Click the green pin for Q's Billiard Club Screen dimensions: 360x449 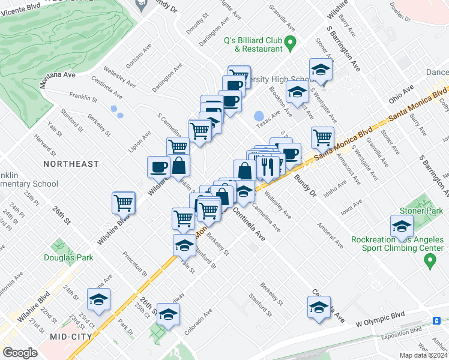[x=291, y=41]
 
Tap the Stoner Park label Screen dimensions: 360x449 [x=421, y=211]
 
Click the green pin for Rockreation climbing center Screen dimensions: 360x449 [x=429, y=260]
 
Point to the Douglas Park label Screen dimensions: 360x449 [x=68, y=258]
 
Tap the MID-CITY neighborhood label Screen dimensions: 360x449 [x=70, y=337]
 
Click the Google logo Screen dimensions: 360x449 [x=20, y=353]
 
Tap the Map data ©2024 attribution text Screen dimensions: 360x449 [x=423, y=355]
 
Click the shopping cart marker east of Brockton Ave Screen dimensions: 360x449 [x=323, y=137]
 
